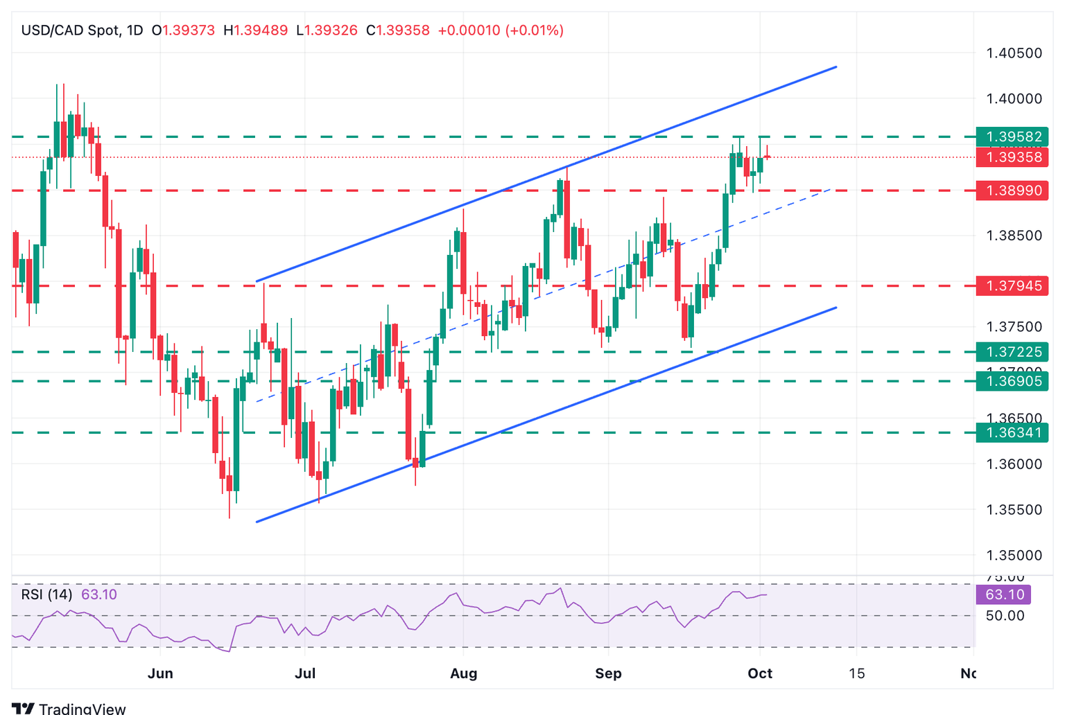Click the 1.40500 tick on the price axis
pyautogui.click(x=1014, y=53)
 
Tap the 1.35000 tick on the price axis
pyautogui.click(x=1014, y=556)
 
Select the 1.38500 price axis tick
pyautogui.click(x=1014, y=236)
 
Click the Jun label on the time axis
pyautogui.click(x=160, y=673)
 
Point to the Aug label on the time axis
pyautogui.click(x=463, y=673)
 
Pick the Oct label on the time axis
pyautogui.click(x=760, y=673)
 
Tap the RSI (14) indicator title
pyautogui.click(x=46, y=594)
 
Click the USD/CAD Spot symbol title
pyautogui.click(x=70, y=30)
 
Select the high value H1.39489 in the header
pyautogui.click(x=255, y=30)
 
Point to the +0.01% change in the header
pyautogui.click(x=534, y=30)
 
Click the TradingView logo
pyautogui.click(x=69, y=708)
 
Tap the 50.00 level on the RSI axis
pyautogui.click(x=1005, y=615)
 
